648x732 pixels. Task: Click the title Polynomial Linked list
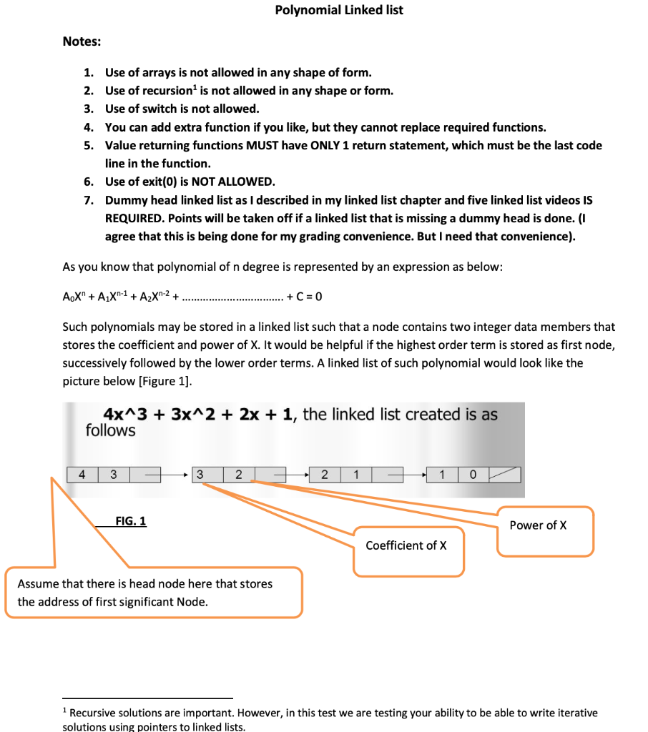pos(339,10)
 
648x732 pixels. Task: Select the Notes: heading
pos(82,41)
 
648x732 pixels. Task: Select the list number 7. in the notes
pos(87,200)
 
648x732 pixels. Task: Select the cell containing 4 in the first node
pos(82,474)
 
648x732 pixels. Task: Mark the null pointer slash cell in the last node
pos(504,475)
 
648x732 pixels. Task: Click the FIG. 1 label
pos(131,521)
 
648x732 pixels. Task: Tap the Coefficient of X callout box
pos(407,550)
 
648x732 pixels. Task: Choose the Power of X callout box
pos(544,530)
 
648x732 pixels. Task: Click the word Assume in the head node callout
pos(37,583)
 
